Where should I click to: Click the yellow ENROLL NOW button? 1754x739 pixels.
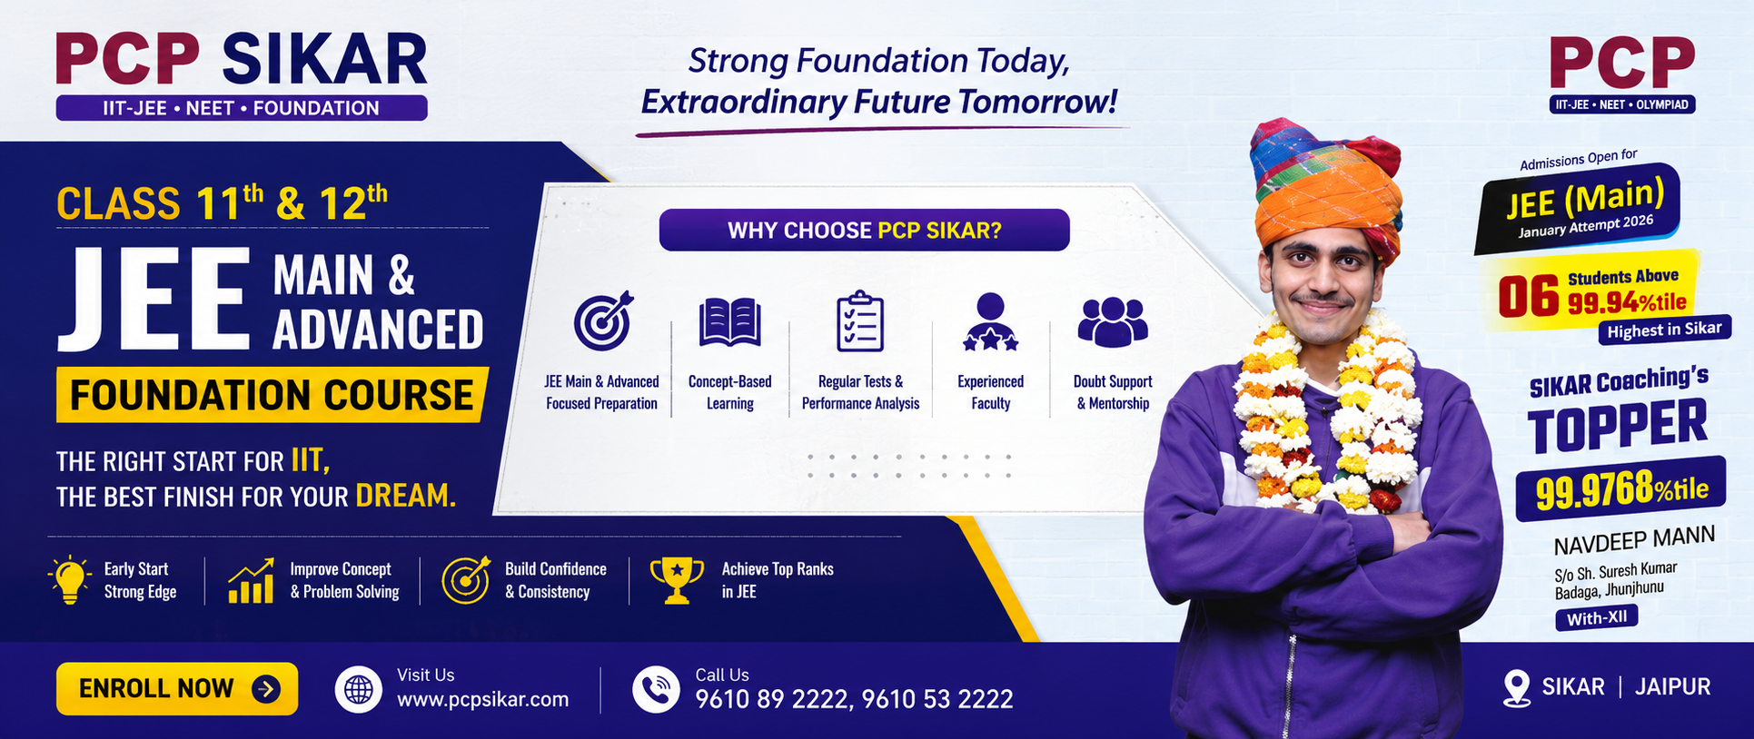(177, 688)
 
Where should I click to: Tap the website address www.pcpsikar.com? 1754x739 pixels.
(482, 699)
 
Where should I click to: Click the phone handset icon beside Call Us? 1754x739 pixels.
(656, 689)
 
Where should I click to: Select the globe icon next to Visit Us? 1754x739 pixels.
(359, 689)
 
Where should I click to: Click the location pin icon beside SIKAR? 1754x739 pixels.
(1517, 688)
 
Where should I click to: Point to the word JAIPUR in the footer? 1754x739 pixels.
(1673, 686)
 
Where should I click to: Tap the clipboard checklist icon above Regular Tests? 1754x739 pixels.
(859, 320)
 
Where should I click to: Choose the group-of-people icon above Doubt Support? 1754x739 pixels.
(1113, 321)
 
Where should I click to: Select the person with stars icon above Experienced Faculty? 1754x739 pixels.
(990, 321)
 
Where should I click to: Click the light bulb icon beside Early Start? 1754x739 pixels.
(70, 579)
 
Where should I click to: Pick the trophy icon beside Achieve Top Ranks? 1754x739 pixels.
(677, 580)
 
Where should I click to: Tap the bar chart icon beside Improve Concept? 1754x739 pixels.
(251, 581)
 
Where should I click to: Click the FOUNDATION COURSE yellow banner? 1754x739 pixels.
(273, 395)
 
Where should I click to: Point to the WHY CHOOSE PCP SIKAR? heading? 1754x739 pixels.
(864, 230)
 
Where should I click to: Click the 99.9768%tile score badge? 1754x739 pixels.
(1620, 489)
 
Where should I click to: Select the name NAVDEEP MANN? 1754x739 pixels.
(1634, 540)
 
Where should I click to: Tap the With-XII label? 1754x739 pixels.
(1597, 618)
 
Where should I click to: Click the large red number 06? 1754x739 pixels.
(1528, 297)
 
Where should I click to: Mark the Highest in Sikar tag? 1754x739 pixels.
(1664, 330)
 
